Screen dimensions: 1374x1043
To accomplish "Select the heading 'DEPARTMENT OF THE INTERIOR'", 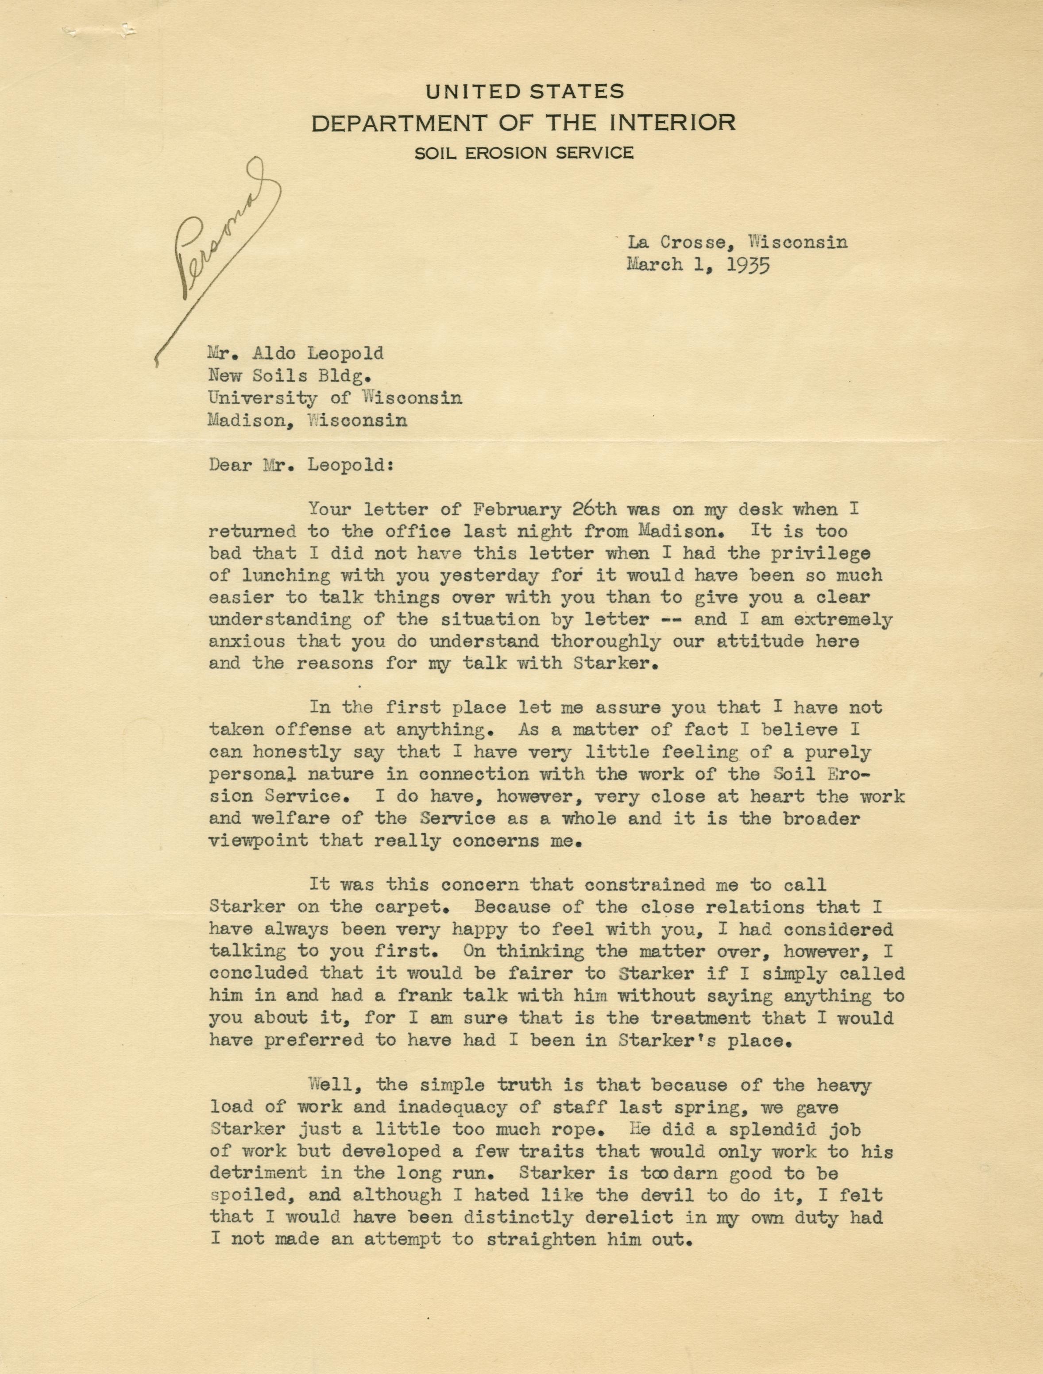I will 523,122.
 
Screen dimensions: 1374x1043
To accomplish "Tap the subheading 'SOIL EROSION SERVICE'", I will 524,152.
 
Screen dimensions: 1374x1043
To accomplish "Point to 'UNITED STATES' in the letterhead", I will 524,93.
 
